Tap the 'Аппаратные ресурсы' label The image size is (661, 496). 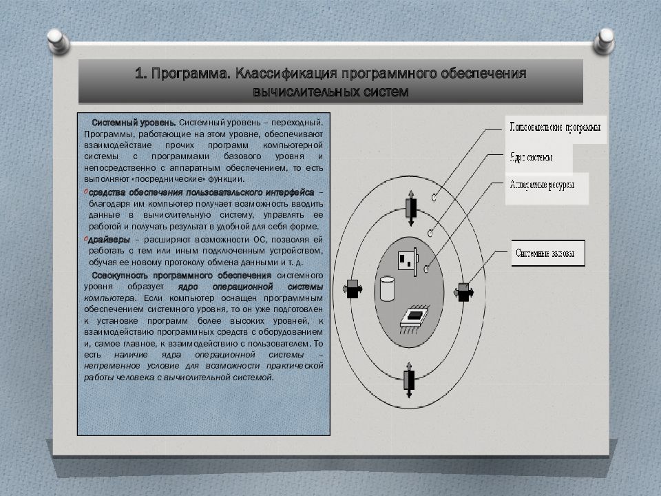point(541,185)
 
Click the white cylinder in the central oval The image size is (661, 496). point(388,289)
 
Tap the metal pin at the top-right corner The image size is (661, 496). point(603,41)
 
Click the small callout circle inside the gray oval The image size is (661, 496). point(427,267)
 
